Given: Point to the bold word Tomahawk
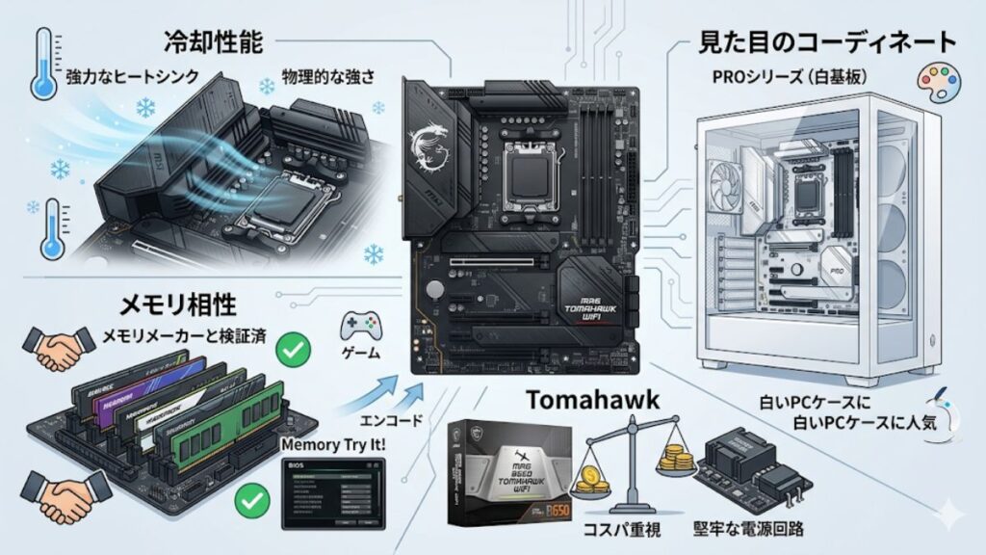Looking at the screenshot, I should [x=593, y=399].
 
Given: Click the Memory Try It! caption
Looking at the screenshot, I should [x=331, y=445].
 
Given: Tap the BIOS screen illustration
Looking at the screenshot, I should [x=332, y=492].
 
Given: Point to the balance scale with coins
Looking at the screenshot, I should [x=623, y=453].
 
